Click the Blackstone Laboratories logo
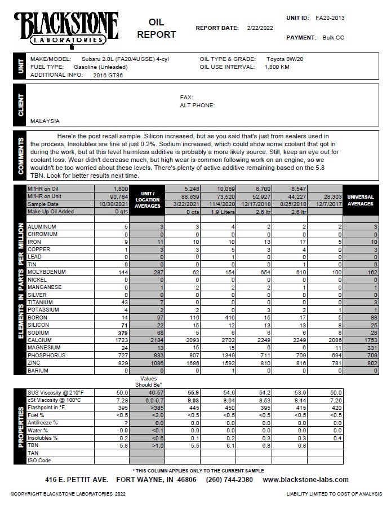66,28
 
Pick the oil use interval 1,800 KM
277,67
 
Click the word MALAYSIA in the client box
45,121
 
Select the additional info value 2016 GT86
108,75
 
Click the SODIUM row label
39,332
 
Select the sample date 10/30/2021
114,204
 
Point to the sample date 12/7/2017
328,204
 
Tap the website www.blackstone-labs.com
305,480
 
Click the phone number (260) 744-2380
229,480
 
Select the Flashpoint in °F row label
46,407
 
